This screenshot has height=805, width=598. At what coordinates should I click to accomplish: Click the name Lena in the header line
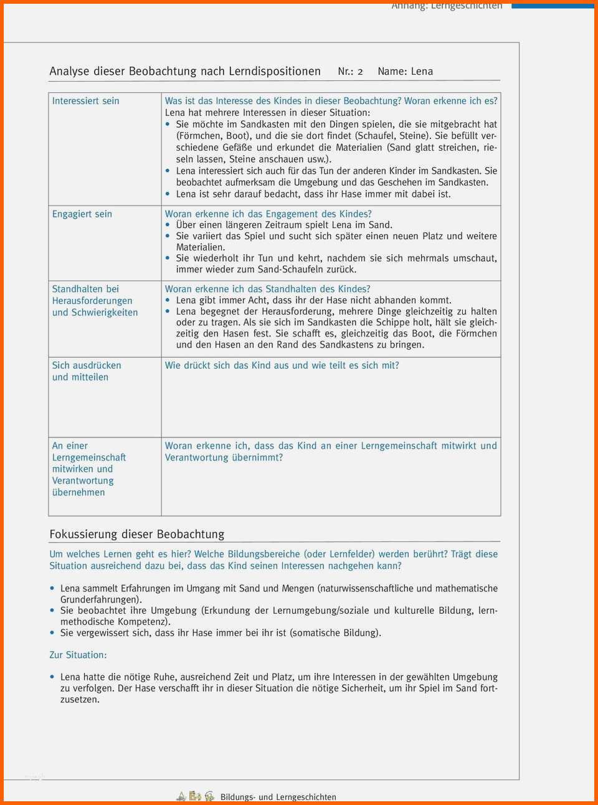422,72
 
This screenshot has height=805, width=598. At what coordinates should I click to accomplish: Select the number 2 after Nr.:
360,72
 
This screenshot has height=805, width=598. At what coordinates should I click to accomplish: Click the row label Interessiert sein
85,101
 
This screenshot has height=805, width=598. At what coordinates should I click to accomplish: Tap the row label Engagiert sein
82,214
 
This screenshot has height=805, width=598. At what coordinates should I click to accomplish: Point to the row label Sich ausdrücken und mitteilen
86,371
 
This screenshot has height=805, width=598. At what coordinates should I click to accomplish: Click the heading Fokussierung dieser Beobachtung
137,534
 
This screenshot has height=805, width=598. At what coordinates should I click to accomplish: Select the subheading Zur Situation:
78,655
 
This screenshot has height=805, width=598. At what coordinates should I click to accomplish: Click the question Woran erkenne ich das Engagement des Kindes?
268,214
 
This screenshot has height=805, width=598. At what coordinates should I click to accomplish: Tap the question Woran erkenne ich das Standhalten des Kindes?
267,289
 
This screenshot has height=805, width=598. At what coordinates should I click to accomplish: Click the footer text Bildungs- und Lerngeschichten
278,797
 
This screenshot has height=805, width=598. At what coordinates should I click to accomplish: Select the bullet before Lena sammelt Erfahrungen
52,588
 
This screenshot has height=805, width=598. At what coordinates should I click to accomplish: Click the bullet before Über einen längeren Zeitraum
168,225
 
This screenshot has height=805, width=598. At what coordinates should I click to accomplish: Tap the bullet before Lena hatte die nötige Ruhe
52,677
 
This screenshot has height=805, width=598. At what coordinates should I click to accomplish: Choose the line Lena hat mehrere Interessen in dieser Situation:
267,113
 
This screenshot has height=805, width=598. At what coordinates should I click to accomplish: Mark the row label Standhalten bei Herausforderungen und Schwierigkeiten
95,301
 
